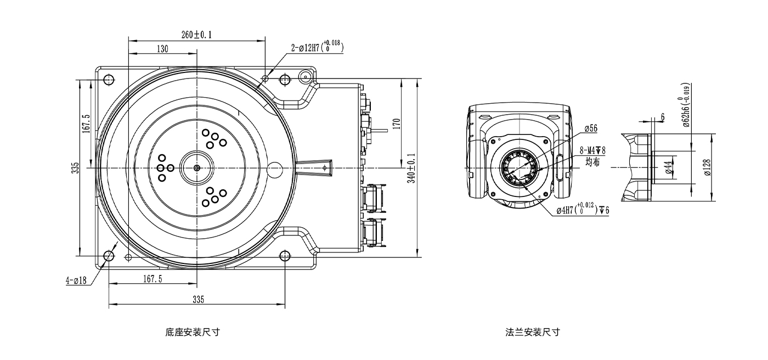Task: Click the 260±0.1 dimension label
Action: tap(196, 35)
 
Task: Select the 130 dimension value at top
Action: tap(162, 49)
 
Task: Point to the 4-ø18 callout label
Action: tap(76, 280)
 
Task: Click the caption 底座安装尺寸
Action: tap(192, 332)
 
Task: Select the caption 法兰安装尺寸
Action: tap(533, 332)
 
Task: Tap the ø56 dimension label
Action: tap(590, 128)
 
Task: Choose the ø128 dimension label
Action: tap(707, 167)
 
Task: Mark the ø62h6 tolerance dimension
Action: tap(686, 105)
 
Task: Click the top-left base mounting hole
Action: tap(109, 80)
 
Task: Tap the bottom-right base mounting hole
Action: tap(285, 256)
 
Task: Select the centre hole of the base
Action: tap(197, 167)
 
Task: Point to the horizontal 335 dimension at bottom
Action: tap(198, 299)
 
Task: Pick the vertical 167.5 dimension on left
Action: tap(86, 123)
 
